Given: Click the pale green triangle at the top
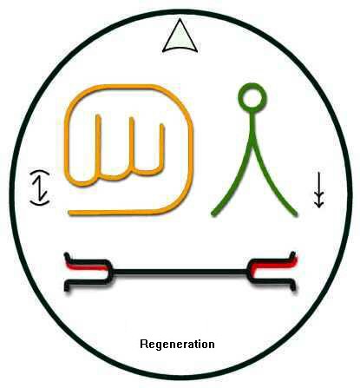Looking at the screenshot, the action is coord(180,37).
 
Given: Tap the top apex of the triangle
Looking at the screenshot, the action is coord(180,19).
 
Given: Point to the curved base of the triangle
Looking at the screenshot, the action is coord(180,49).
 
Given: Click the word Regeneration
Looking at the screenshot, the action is coord(177,345).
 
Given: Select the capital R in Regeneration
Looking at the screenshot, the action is coord(143,344).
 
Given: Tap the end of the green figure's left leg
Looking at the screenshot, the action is coord(213,214).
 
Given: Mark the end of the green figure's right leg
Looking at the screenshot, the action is coord(295,214).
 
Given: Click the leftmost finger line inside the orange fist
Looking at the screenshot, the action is coord(99,145).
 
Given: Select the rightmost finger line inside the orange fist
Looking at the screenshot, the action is coord(162,146).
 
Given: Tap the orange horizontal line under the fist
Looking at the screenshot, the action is coord(121,213).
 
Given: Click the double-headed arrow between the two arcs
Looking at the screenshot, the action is coord(39,188).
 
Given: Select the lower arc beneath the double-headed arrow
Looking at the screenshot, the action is coord(40,203).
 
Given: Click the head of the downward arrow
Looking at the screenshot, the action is coord(318,203).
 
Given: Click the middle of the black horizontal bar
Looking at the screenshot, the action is coord(180,273).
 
